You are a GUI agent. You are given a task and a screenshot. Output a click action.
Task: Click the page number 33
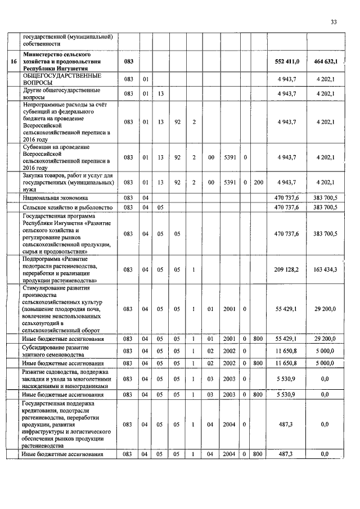click(x=334, y=22)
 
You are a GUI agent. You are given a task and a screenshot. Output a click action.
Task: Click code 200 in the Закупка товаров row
click(x=258, y=182)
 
